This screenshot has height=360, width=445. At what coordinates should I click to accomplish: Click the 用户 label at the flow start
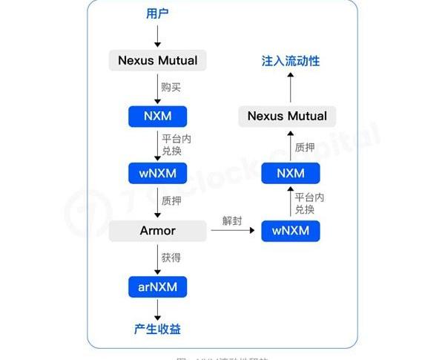tap(157, 14)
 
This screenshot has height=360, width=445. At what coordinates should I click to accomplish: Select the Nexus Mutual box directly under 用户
tap(157, 60)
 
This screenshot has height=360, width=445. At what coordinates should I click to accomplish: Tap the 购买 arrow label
tap(171, 87)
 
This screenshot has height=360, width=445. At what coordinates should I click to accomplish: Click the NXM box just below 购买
tap(157, 117)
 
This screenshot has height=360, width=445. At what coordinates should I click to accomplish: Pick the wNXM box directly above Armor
tap(157, 173)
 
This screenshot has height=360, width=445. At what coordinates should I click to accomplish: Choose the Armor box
tap(157, 230)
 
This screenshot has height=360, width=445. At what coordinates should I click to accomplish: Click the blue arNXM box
tap(157, 285)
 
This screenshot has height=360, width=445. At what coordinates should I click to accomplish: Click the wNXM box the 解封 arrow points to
tap(291, 230)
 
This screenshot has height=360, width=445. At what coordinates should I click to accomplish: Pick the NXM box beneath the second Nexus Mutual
tap(291, 173)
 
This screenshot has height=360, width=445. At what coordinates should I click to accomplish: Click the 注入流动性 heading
tap(291, 61)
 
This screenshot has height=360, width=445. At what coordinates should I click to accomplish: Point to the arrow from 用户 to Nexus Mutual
tap(157, 36)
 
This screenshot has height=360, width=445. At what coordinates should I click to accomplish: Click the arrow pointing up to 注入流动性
tap(291, 88)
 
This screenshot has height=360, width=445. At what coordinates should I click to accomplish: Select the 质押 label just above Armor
tap(171, 200)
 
